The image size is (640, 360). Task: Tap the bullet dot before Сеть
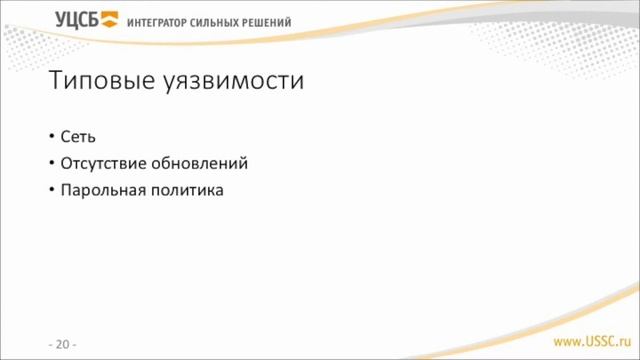click(52, 137)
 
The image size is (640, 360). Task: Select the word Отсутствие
click(102, 163)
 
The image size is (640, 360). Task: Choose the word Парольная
click(100, 189)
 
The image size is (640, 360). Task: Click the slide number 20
click(62, 345)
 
